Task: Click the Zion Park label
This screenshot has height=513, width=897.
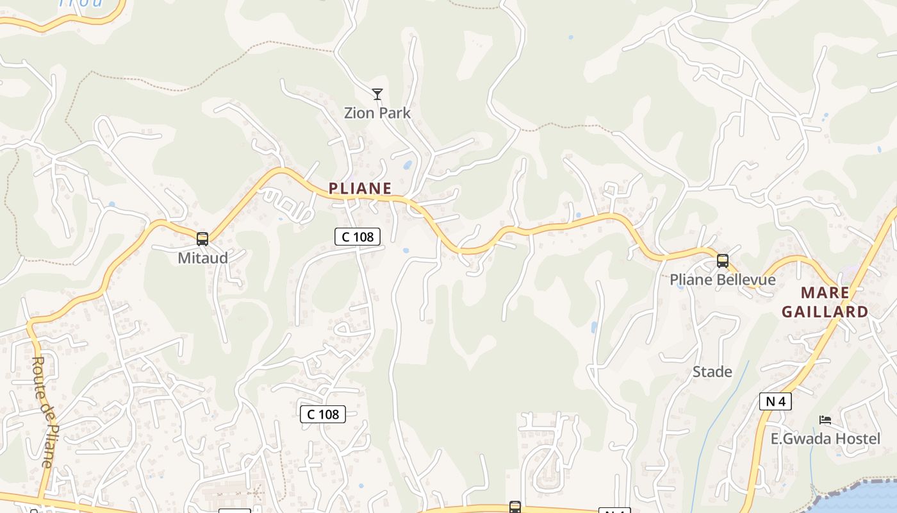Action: coord(377,113)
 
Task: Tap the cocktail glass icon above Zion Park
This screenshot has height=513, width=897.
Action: coord(377,95)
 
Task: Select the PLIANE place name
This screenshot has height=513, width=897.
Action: coord(359,188)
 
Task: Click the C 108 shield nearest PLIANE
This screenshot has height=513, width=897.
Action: coord(358,237)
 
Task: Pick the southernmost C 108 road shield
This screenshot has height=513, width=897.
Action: coord(323,414)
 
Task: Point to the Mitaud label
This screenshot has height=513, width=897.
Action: coord(202,258)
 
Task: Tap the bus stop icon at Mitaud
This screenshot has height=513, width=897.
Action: coord(202,239)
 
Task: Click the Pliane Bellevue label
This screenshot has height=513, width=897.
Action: coord(722,280)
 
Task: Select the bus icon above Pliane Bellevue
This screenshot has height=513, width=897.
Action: coord(723,261)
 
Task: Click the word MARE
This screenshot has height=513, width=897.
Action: coord(825,293)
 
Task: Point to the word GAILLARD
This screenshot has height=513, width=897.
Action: coord(825,312)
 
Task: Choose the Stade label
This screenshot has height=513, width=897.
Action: coord(712,372)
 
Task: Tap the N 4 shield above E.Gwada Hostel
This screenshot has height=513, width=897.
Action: coord(775,401)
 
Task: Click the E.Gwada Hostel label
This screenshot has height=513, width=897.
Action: coord(825,439)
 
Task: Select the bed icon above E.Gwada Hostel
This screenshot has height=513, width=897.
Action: coord(825,421)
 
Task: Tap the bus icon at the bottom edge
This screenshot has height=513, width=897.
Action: coord(515,507)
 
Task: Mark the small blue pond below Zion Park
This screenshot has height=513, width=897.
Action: coord(407,165)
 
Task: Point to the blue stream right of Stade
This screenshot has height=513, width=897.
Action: coord(724,410)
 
